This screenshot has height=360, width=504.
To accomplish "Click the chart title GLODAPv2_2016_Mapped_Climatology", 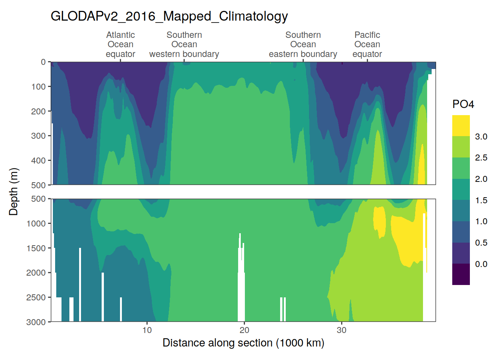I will (x=169, y=16).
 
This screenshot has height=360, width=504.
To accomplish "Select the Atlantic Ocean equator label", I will (x=120, y=45).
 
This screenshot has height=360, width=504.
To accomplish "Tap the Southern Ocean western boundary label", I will (x=184, y=45).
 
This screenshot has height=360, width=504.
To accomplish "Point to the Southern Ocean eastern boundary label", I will (x=303, y=45).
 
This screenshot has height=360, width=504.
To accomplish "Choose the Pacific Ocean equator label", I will (x=367, y=45).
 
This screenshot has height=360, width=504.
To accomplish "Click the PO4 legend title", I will (x=463, y=104).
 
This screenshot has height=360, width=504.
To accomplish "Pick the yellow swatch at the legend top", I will (x=461, y=126).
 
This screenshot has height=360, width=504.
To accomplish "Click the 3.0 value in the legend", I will (x=481, y=136).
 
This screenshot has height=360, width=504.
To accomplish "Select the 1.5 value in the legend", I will (x=481, y=200).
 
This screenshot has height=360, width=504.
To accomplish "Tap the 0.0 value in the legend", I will (x=481, y=264).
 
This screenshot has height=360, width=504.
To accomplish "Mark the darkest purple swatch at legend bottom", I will (x=461, y=274).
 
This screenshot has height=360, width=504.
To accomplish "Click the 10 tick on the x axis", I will (x=147, y=330).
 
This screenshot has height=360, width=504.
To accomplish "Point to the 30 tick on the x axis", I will (x=341, y=330).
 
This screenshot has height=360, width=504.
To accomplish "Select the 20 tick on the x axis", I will (x=244, y=330).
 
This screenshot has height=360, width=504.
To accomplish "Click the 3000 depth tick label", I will (x=36, y=322).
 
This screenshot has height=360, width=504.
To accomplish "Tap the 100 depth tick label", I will (x=38, y=87).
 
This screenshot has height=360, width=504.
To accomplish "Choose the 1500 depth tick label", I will (x=36, y=248).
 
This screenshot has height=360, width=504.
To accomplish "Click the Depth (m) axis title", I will (x=13, y=192).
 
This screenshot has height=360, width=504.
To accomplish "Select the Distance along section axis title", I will (x=243, y=343).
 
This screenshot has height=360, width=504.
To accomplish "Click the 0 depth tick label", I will (x=43, y=62).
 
